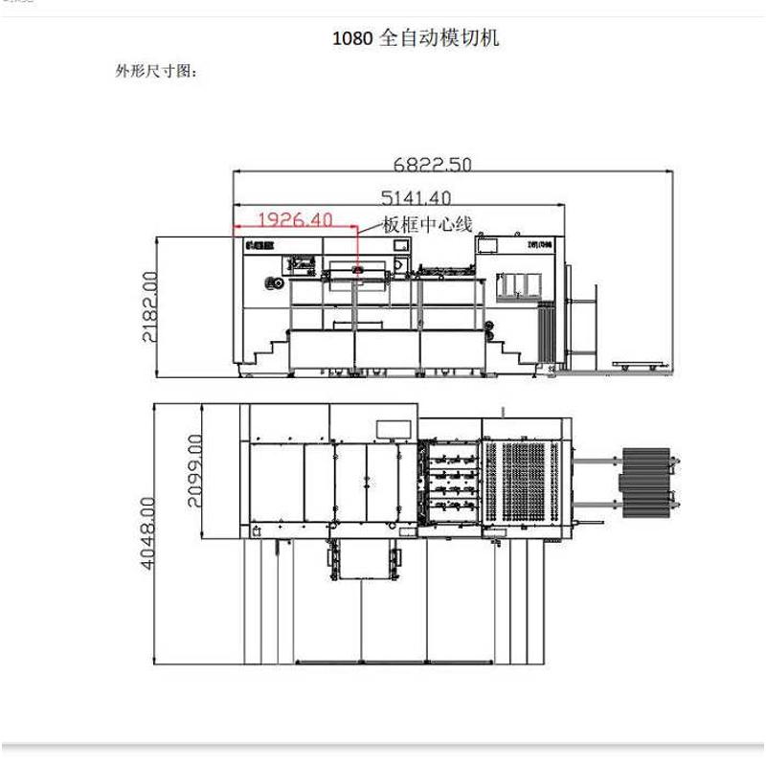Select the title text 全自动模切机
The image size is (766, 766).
point(440,39)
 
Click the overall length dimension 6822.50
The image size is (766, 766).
point(433,164)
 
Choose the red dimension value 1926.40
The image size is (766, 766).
point(295,219)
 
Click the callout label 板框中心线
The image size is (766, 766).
point(427,225)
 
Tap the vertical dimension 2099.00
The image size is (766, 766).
point(196,470)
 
